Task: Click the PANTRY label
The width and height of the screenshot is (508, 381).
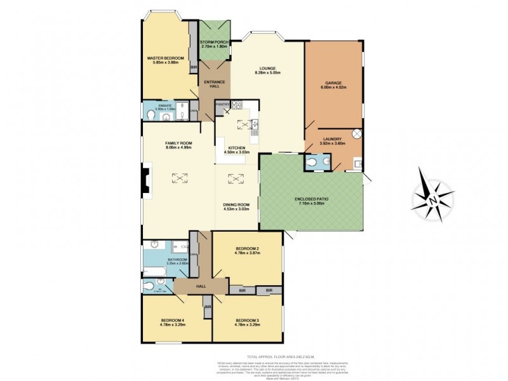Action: pyautogui.click(x=222, y=104)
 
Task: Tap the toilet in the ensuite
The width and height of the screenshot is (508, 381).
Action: pyautogui.click(x=150, y=114)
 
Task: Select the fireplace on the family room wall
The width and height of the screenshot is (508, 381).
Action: pyautogui.click(x=145, y=180)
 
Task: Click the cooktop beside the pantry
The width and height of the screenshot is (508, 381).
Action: pyautogui.click(x=236, y=105)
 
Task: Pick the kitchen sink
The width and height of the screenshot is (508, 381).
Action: pyautogui.click(x=254, y=125)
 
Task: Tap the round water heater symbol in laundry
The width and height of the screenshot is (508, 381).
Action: pyautogui.click(x=357, y=134)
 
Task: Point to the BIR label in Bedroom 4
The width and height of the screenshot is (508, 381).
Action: pyautogui.click(x=208, y=306)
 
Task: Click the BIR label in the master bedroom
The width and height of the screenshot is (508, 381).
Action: pyautogui.click(x=194, y=67)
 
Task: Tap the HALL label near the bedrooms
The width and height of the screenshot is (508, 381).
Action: pyautogui.click(x=201, y=286)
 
